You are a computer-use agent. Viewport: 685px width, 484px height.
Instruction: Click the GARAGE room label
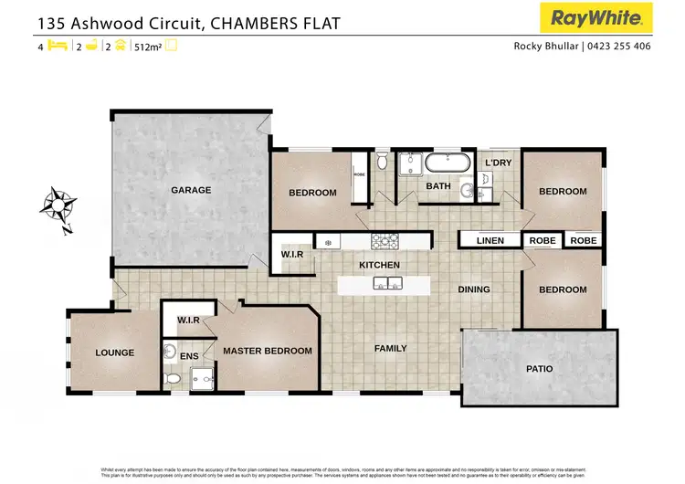tap(191, 191)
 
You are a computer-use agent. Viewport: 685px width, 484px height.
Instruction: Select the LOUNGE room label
tap(115, 352)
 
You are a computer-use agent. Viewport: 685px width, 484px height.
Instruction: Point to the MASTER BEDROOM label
tap(268, 351)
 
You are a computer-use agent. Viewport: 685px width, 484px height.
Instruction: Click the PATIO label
tap(540, 370)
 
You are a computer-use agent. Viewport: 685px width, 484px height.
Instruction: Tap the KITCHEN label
tap(379, 265)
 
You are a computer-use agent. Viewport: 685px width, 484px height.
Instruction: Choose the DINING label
tap(474, 289)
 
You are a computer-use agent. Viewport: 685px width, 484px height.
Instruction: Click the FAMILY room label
tap(390, 348)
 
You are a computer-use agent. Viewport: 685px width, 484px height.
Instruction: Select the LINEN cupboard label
tap(490, 241)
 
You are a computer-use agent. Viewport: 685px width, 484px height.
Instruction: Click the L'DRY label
tap(498, 163)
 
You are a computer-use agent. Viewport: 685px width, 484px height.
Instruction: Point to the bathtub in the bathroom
tap(447, 164)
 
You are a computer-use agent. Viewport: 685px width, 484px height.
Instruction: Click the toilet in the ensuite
tap(172, 378)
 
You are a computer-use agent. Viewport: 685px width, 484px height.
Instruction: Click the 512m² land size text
tap(145, 46)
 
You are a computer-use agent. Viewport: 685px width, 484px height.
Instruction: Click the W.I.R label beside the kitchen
tap(292, 254)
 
